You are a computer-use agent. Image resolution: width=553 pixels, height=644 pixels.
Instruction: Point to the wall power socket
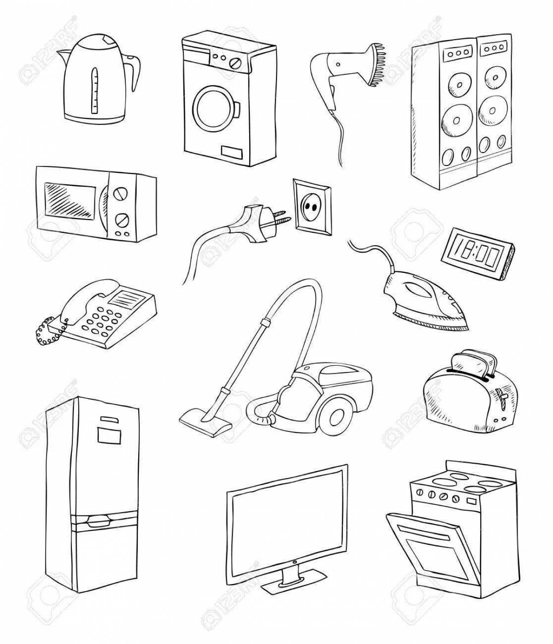[312, 206]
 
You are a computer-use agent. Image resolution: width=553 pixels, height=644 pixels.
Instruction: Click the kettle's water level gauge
[95, 91]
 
